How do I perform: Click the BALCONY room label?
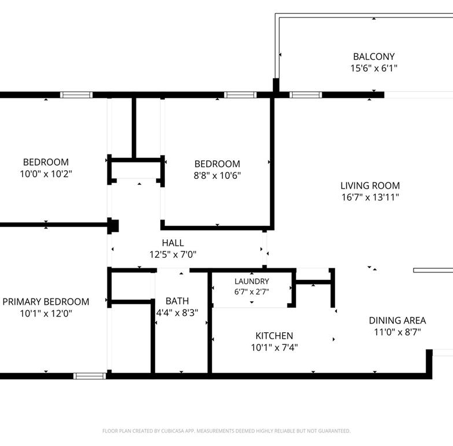374,56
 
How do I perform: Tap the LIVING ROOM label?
370,185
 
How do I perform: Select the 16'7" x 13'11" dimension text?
370,197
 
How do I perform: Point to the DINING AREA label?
397,321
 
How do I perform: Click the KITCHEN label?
274,336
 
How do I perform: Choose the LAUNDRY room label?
251,281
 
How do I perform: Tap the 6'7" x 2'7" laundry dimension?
251,292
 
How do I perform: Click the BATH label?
177,301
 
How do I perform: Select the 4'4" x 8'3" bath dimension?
177,313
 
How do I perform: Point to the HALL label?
172,243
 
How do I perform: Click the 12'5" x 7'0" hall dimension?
172,254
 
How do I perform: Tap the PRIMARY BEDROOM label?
46,301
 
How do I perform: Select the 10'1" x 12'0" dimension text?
46,314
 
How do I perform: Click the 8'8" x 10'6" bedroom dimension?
217,175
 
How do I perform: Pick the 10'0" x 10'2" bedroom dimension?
46,174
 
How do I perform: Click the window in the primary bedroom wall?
89,376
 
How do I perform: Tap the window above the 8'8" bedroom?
240,95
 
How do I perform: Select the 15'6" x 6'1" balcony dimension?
374,68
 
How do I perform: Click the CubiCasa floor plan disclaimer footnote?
227,431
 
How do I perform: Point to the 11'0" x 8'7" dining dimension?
397,332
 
